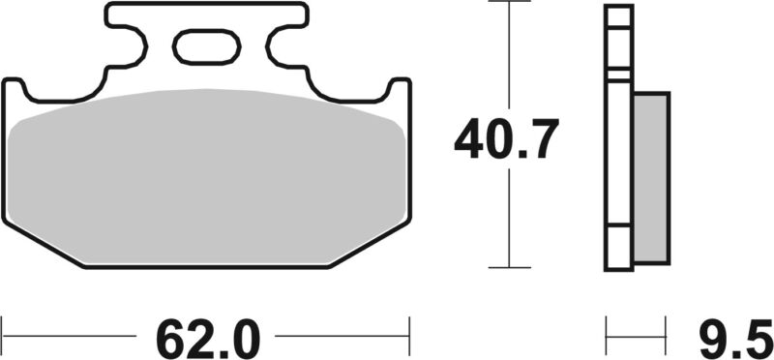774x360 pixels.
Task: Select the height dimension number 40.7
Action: click(506, 141)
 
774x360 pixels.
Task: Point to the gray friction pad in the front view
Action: click(205, 174)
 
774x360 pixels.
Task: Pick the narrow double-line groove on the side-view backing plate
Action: click(619, 73)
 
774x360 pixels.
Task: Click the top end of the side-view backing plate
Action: click(619, 8)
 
